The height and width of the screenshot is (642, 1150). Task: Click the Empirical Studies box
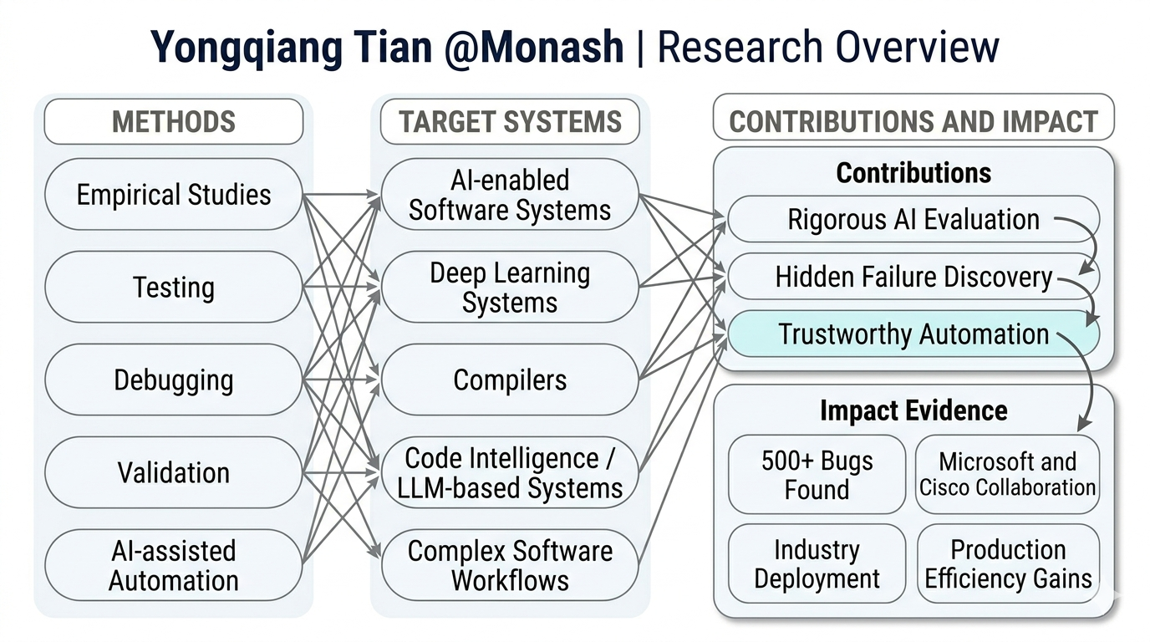[x=173, y=195]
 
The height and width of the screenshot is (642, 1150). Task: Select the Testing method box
[x=173, y=288]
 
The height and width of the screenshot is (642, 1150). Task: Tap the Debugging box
[x=173, y=380]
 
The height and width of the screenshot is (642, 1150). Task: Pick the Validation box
[x=173, y=472]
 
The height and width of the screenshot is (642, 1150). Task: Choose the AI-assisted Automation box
[x=173, y=565]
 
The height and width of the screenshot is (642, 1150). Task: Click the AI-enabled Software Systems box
[x=509, y=195]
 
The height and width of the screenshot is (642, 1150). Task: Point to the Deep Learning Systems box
[x=509, y=288]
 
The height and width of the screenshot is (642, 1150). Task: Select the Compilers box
[x=509, y=380]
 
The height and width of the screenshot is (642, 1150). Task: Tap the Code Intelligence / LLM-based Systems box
[x=509, y=472]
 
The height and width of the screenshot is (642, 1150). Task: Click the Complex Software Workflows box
[x=509, y=565]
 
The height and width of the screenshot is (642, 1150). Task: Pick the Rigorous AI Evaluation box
[x=913, y=220]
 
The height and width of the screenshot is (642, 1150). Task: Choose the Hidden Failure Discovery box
[x=913, y=277]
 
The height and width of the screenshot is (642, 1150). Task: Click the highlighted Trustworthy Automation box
[x=913, y=334]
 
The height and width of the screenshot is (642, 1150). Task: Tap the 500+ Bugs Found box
[x=817, y=474]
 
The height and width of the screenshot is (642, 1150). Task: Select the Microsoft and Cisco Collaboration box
[x=1008, y=474]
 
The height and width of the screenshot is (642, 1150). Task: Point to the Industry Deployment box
[x=817, y=564]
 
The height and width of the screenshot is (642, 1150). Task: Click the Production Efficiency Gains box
[x=1008, y=564]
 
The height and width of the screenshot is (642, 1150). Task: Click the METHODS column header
[x=173, y=121]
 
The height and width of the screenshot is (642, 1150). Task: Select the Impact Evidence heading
[x=913, y=410]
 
